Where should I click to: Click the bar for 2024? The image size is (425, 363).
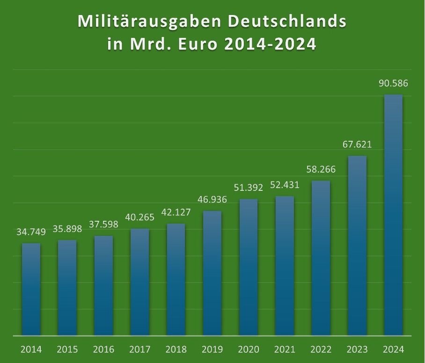(x=393, y=215)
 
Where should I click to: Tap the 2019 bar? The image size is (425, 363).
(x=212, y=273)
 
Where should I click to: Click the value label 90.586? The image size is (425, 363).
(x=393, y=84)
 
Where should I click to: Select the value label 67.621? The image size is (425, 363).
(x=357, y=145)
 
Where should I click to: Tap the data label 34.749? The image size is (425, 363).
(x=31, y=232)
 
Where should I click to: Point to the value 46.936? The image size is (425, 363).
(x=212, y=200)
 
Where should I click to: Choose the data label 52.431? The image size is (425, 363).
(x=285, y=185)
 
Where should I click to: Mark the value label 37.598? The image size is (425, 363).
(x=103, y=225)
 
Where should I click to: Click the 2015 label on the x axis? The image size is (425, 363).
(x=67, y=349)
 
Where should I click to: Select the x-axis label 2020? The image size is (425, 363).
(x=249, y=349)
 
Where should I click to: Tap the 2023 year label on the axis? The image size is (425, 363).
(x=357, y=349)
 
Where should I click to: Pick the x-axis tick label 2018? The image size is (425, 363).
(x=176, y=349)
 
